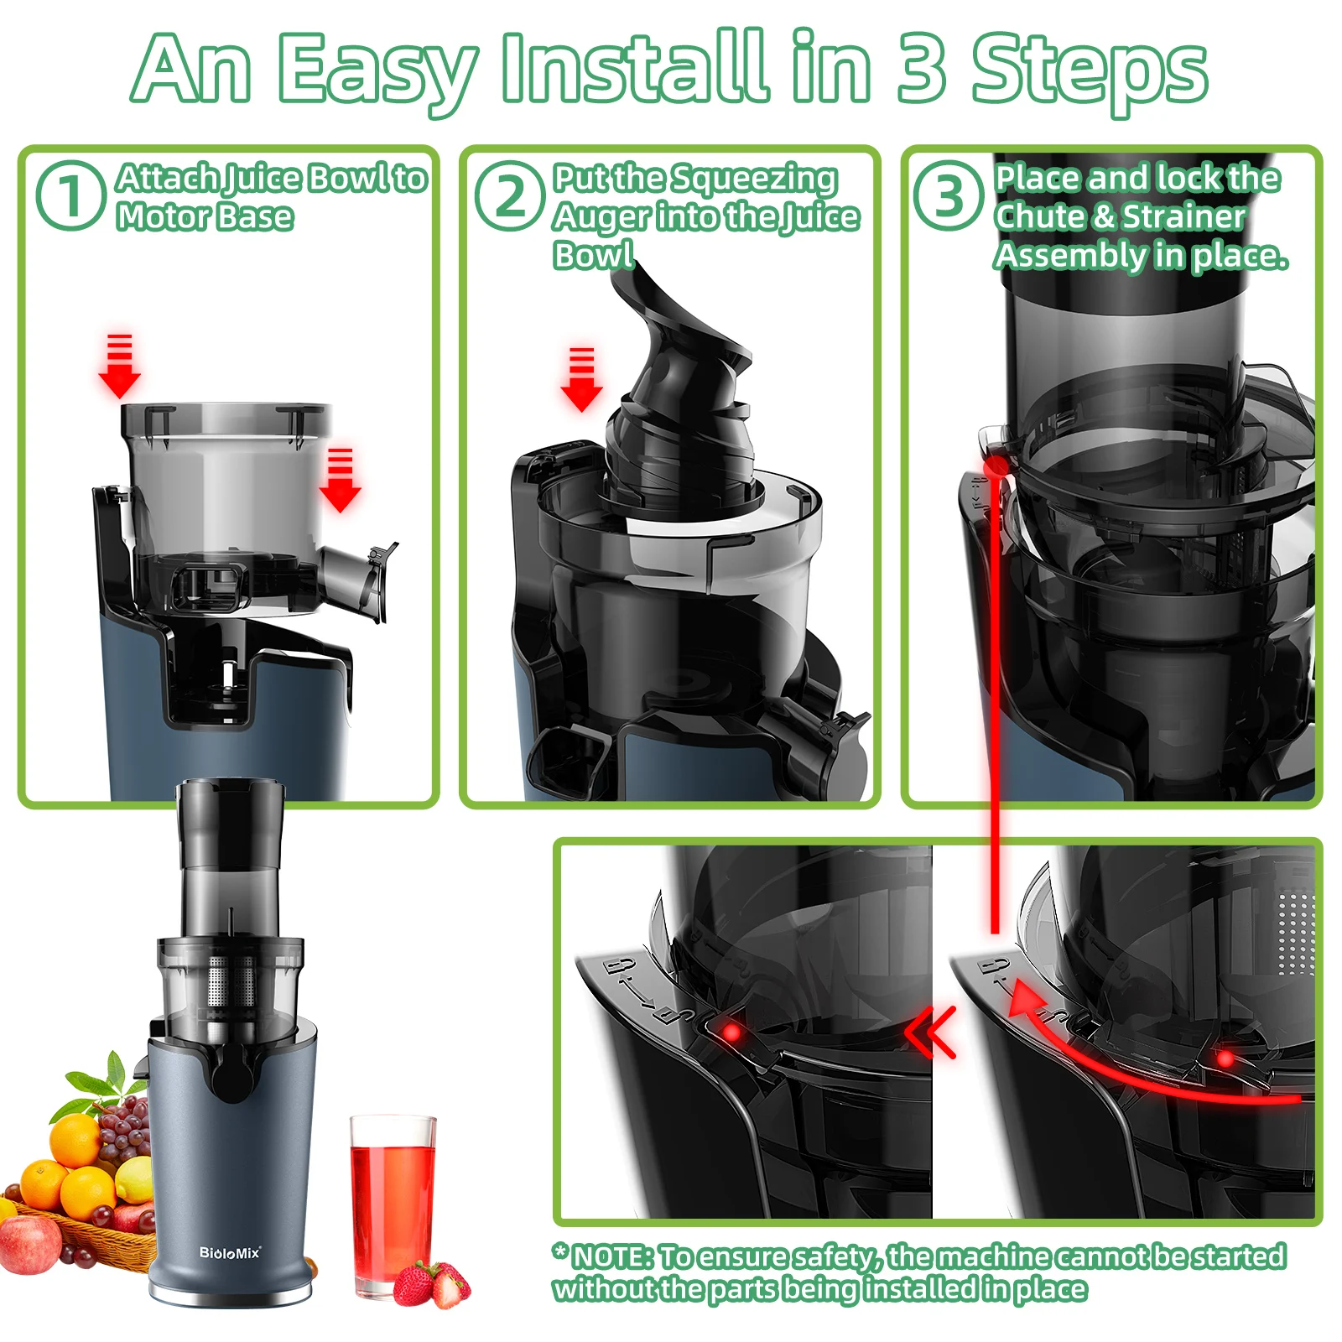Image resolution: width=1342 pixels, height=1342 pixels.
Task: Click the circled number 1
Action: (70, 195)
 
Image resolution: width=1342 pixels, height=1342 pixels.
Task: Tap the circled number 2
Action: (510, 195)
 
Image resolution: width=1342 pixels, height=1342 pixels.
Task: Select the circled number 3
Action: (949, 195)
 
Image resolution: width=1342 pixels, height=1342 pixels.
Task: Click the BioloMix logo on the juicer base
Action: (230, 1252)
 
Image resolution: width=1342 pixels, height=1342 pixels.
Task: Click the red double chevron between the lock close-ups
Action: (931, 1032)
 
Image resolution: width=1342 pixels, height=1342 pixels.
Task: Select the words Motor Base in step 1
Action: (205, 216)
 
